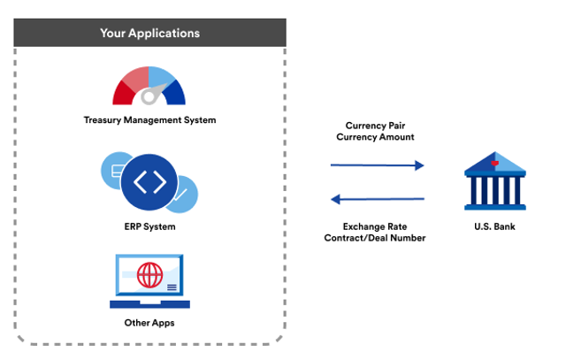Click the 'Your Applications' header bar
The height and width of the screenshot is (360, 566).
(149, 34)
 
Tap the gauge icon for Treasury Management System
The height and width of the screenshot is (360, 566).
(149, 87)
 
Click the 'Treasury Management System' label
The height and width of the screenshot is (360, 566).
(149, 120)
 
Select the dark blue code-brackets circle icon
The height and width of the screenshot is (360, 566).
(149, 183)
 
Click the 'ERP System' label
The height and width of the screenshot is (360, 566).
(149, 227)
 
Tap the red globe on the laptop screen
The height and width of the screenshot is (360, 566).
(149, 275)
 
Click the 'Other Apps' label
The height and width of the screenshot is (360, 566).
(149, 323)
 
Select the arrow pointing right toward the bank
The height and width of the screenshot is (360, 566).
(377, 165)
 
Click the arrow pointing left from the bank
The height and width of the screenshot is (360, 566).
(377, 199)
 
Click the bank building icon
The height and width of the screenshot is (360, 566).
(494, 181)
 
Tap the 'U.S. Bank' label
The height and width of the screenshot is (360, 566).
(494, 227)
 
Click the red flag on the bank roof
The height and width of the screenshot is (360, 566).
(497, 163)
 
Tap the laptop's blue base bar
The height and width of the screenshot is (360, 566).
(149, 303)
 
